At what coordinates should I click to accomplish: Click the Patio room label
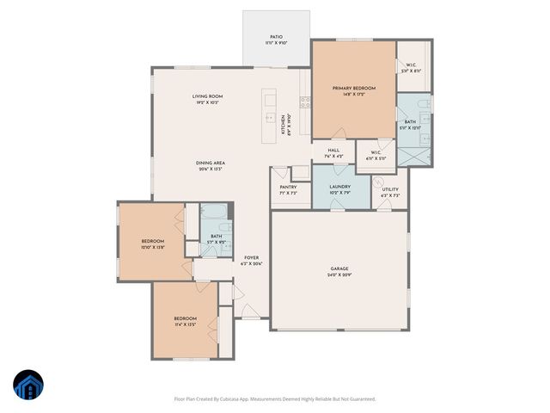click(x=276, y=37)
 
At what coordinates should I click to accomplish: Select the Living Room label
click(x=207, y=96)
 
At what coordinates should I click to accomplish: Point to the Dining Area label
click(x=210, y=163)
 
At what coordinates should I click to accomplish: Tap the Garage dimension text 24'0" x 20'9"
click(x=339, y=275)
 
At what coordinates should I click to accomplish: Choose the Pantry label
click(x=288, y=187)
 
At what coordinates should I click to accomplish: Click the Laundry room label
click(x=338, y=187)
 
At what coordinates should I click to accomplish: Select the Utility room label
click(x=390, y=189)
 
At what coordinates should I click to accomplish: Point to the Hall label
click(x=333, y=151)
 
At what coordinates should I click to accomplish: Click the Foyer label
click(x=251, y=257)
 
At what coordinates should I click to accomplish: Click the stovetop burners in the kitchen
click(x=305, y=101)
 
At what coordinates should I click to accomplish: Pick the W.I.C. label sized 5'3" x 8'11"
click(x=411, y=65)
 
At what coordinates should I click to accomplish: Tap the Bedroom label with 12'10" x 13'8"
click(x=154, y=242)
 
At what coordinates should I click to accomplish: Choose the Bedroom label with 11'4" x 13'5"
click(x=185, y=319)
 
